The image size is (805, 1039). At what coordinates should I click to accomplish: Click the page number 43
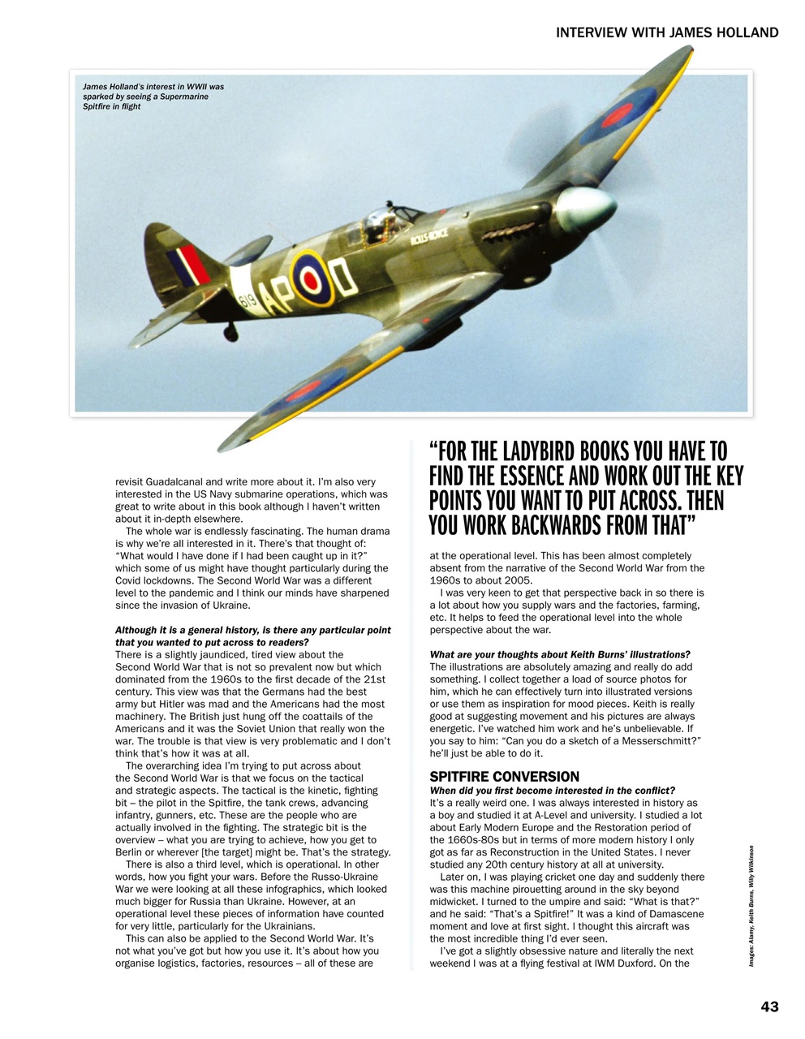coord(769,1007)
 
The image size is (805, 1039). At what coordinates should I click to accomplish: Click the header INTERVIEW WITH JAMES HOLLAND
coord(667,32)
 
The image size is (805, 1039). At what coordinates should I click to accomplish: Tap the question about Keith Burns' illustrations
coord(560,654)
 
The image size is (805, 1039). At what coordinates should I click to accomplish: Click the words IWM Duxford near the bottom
coord(623,964)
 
